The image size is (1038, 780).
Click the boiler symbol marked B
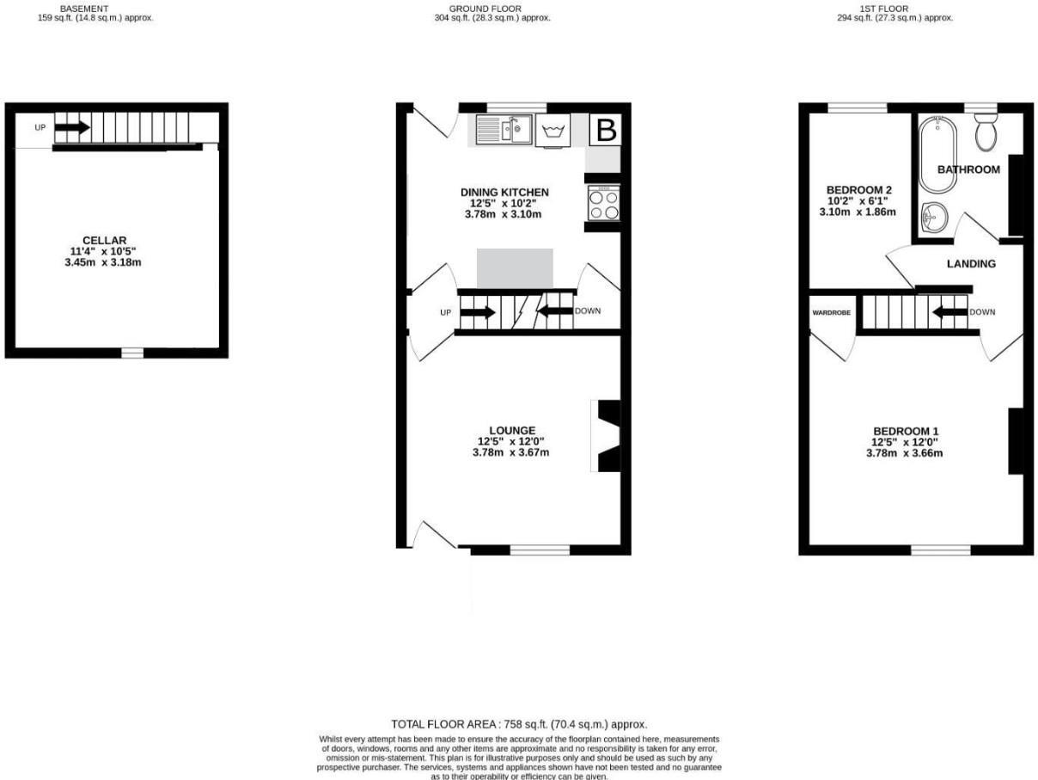[606, 131]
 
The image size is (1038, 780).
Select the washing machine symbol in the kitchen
[552, 132]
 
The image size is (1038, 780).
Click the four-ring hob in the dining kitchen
[604, 204]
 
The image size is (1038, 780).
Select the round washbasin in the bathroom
[931, 218]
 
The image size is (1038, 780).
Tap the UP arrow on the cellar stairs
[72, 128]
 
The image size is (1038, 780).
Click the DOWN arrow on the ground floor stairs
[555, 311]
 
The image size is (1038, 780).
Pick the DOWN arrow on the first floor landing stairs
[949, 311]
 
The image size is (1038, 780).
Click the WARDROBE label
[831, 312]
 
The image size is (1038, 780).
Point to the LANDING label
[971, 264]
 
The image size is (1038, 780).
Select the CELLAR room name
[104, 240]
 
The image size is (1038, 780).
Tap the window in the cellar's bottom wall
[131, 353]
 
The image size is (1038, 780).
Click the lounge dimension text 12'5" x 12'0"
[512, 442]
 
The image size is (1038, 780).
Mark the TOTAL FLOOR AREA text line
[519, 725]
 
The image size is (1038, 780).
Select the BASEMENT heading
[84, 9]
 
